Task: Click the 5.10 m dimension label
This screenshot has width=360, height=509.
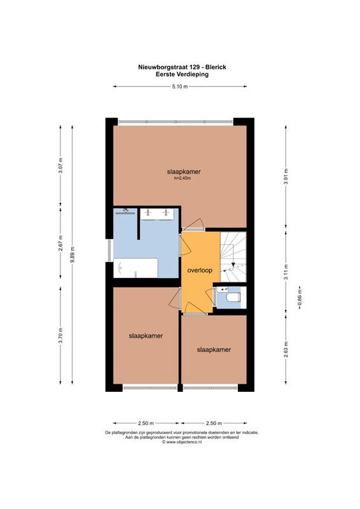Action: [180, 87]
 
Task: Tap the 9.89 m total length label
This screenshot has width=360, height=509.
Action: [73, 255]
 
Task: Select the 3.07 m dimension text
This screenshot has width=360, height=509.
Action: [60, 165]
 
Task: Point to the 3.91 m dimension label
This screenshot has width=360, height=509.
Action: [286, 177]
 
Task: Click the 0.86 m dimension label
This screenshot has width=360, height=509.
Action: [300, 298]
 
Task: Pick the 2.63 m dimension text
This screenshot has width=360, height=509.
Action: [286, 349]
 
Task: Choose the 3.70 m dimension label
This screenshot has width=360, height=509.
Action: [60, 335]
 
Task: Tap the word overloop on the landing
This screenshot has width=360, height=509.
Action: [200, 270]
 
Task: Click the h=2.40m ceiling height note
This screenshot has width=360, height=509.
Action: [183, 178]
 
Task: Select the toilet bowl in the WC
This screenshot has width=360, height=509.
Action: [233, 297]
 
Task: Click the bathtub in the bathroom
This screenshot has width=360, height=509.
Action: [135, 268]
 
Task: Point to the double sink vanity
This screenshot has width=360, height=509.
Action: [157, 214]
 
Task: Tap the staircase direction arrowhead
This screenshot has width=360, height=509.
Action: [233, 265]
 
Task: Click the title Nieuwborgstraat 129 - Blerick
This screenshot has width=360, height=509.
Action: [182, 67]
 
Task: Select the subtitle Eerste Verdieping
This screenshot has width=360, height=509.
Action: [182, 74]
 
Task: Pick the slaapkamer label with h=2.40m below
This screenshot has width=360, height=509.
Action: [184, 172]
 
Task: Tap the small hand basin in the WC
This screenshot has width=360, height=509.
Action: [223, 289]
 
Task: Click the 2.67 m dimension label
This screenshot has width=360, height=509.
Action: [60, 243]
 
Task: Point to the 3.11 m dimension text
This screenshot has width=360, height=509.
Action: [286, 272]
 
